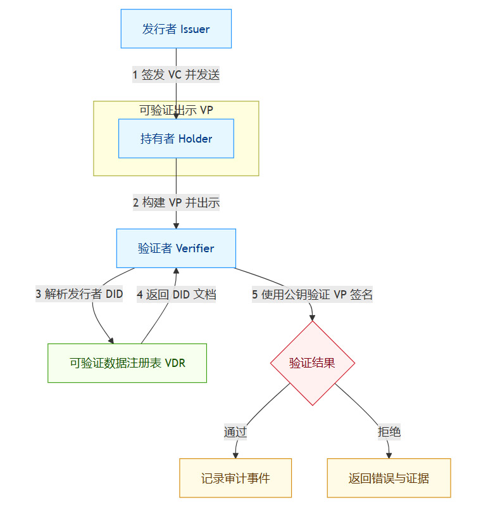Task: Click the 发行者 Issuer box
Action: [176, 29]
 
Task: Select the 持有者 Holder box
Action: [176, 139]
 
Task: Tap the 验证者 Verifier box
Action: [176, 248]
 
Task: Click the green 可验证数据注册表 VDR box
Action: [127, 363]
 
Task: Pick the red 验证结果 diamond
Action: [312, 363]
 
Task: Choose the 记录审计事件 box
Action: [235, 478]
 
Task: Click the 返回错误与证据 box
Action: [389, 478]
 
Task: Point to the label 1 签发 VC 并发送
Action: [176, 74]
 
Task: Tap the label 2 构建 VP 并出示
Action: [176, 203]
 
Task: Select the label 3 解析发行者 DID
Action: [79, 294]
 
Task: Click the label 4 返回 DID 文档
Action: [177, 294]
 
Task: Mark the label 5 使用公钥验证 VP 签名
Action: [312, 294]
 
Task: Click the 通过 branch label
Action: [235, 432]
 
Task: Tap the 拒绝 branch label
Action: [389, 432]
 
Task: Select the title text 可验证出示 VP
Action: [176, 110]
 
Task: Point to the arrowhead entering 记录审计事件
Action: [236, 454]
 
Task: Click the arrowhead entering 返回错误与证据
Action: [389, 454]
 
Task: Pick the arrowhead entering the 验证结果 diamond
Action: [312, 317]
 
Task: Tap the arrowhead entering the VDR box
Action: [111, 340]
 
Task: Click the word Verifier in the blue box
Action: [195, 248]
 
